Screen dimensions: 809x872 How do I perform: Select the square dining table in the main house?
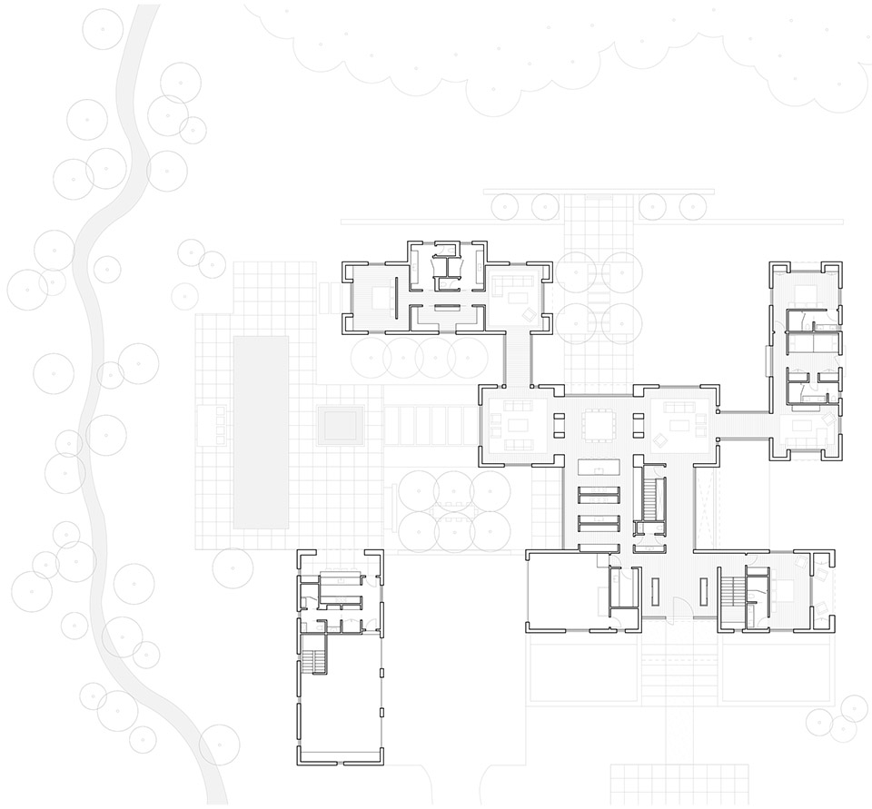click(x=599, y=424)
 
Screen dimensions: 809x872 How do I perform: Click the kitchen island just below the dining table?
click(x=599, y=466)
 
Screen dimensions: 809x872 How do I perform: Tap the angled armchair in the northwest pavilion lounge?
click(x=527, y=315)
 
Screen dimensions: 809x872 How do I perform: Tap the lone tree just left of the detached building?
click(x=233, y=567)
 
